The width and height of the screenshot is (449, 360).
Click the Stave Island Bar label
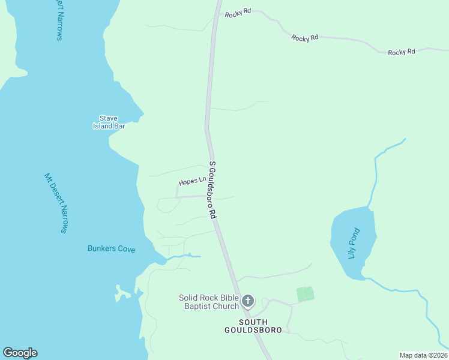(x=109, y=122)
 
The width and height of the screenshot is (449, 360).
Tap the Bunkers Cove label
(x=111, y=248)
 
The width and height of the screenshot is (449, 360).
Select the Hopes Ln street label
(x=192, y=181)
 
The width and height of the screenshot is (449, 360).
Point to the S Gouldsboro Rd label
(x=212, y=190)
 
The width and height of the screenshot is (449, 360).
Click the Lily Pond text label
(x=354, y=243)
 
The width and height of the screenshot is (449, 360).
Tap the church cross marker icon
(x=248, y=301)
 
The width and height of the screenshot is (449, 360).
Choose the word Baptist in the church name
(x=200, y=307)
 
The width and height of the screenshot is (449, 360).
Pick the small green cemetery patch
(x=306, y=294)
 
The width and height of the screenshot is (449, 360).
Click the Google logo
(x=20, y=353)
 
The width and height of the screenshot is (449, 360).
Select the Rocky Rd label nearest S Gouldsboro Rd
(x=238, y=13)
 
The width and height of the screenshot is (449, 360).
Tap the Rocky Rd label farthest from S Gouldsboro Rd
(x=402, y=52)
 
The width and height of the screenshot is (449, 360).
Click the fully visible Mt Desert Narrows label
(x=58, y=203)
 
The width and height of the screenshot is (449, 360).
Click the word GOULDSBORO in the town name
(x=247, y=330)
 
